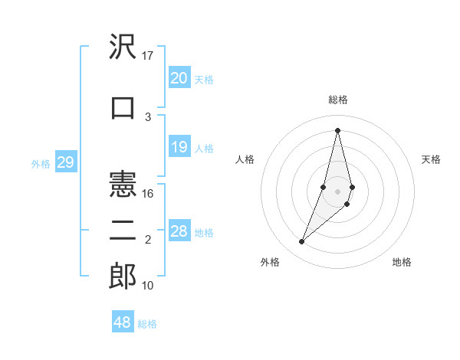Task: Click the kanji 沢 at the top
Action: tap(123, 48)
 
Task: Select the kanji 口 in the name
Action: tap(123, 107)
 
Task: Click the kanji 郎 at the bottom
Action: tap(123, 277)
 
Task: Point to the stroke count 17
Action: tap(148, 56)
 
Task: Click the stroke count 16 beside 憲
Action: tap(148, 194)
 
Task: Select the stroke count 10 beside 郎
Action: tap(148, 286)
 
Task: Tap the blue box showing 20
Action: tap(179, 78)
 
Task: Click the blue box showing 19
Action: tap(179, 147)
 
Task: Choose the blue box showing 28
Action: tap(179, 231)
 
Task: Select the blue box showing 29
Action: tap(65, 162)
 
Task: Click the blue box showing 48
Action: tap(123, 322)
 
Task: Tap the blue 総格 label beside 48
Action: tap(147, 324)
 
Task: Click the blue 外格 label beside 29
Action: tap(40, 164)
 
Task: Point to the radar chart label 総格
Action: tap(337, 100)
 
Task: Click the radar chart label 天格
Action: tap(431, 159)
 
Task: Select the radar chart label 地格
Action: tap(402, 263)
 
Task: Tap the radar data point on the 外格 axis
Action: tap(301, 242)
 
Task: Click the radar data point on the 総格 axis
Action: tap(337, 129)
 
